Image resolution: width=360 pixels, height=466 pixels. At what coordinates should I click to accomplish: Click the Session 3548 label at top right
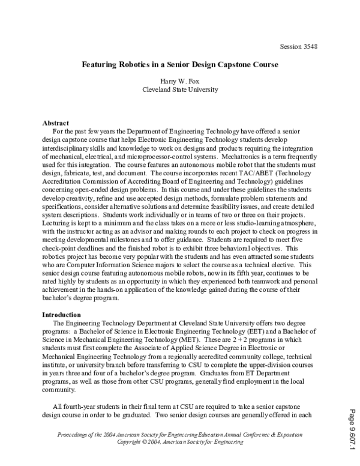(298, 46)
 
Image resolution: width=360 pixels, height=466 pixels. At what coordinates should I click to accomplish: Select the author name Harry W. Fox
(179, 80)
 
